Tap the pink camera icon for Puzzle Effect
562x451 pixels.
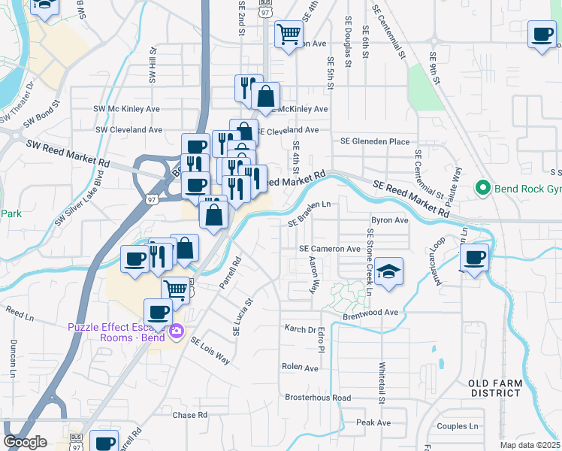pos(177,331)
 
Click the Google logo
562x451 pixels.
pos(25,442)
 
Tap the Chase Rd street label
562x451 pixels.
pos(190,415)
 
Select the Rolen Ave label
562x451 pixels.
pos(300,368)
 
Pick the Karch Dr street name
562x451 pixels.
pos(301,329)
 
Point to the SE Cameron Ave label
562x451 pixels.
pos(330,249)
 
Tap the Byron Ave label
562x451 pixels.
pos(390,221)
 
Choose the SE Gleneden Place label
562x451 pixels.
pos(375,141)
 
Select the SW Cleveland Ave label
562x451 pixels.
pos(129,129)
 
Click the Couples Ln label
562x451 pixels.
pos(458,426)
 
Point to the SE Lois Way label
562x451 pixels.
pos(210,351)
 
